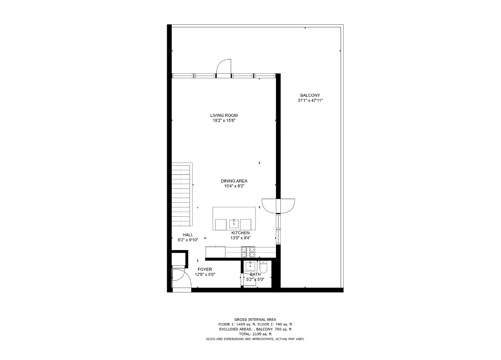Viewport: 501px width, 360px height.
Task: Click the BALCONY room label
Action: pyautogui.click(x=310, y=95)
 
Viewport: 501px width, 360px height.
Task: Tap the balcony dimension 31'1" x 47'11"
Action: pyautogui.click(x=310, y=100)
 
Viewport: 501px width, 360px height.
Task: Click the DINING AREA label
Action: pyautogui.click(x=234, y=181)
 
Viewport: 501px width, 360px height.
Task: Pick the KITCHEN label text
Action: pyautogui.click(x=240, y=233)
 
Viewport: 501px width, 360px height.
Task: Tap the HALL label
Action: pyautogui.click(x=188, y=235)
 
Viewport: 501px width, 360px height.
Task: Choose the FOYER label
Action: pyautogui.click(x=204, y=269)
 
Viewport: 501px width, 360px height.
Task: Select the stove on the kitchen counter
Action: pyautogui.click(x=248, y=251)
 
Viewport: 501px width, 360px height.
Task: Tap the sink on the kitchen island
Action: pyautogui.click(x=234, y=223)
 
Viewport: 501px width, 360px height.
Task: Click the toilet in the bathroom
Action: pyautogui.click(x=264, y=267)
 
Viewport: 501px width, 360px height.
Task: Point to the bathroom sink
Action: pyautogui.click(x=250, y=266)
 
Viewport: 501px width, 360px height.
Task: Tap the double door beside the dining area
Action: pyautogui.click(x=278, y=206)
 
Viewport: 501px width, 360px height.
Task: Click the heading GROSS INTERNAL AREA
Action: pyautogui.click(x=255, y=319)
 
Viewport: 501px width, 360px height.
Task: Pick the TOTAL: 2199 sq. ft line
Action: pyautogui.click(x=255, y=334)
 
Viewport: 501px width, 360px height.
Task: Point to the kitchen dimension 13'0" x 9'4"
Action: pyautogui.click(x=240, y=238)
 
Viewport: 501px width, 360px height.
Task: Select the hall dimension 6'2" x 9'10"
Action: pyautogui.click(x=188, y=240)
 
